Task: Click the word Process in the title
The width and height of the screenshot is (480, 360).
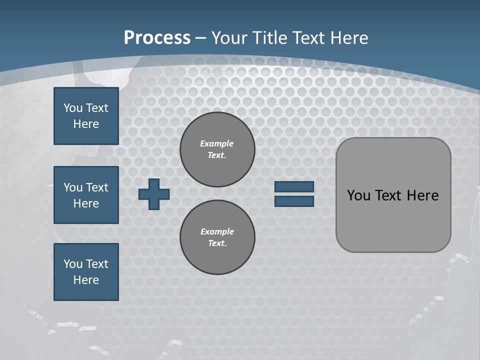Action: click(x=157, y=38)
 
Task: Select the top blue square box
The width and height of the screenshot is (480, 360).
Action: click(x=86, y=116)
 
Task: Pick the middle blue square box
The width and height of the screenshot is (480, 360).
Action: click(x=86, y=195)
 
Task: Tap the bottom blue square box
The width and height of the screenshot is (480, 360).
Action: click(x=86, y=272)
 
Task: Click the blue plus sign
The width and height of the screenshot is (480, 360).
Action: click(x=154, y=194)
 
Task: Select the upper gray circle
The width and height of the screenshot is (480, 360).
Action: click(x=217, y=149)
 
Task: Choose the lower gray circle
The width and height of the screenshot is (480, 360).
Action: click(x=217, y=237)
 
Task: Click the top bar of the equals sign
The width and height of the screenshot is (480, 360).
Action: click(x=294, y=186)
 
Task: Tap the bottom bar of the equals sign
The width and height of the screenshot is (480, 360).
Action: click(x=294, y=201)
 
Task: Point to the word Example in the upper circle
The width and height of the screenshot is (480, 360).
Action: click(x=217, y=143)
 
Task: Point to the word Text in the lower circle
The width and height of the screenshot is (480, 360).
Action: click(x=217, y=243)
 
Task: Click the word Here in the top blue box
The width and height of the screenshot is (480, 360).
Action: click(x=86, y=124)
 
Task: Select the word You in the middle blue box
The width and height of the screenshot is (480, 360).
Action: click(x=72, y=187)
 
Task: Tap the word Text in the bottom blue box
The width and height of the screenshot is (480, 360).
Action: click(x=96, y=264)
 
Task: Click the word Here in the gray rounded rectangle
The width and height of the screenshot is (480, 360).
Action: click(x=422, y=195)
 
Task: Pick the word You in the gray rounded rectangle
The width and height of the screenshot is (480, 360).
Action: click(x=358, y=195)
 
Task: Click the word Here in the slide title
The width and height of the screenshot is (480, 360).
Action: click(x=349, y=38)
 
